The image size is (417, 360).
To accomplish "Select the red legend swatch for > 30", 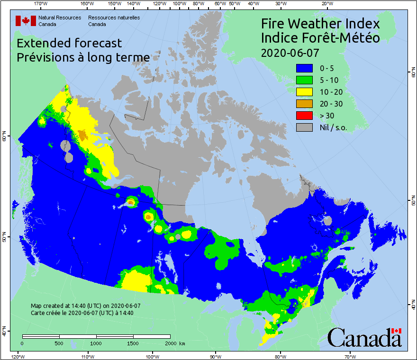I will (x=304, y=115).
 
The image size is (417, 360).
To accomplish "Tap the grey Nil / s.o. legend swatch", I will (x=304, y=127).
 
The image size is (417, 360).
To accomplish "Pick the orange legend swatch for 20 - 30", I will (x=304, y=104).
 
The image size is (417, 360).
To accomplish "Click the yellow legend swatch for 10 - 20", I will (x=304, y=92).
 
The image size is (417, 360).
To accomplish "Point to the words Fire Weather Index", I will (x=320, y=24).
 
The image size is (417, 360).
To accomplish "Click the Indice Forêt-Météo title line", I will (x=320, y=38).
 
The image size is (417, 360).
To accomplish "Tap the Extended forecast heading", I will (x=69, y=43).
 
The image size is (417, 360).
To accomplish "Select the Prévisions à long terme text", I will (x=83, y=57).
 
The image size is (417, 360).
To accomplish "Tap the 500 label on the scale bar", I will (x=59, y=343).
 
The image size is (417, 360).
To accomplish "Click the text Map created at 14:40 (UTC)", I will (x=85, y=306).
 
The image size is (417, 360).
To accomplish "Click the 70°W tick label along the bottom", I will (x=350, y=356).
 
